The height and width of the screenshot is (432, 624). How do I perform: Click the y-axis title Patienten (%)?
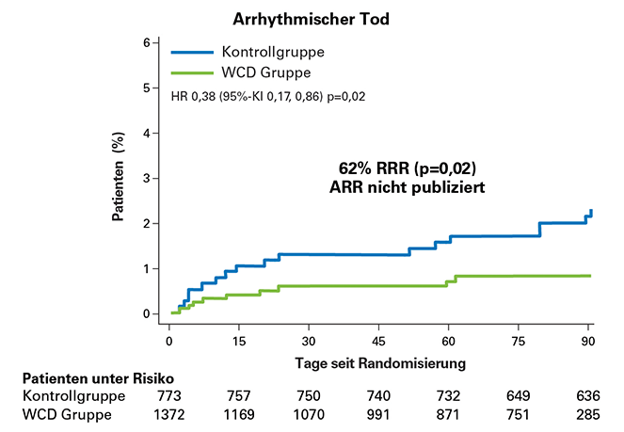120,180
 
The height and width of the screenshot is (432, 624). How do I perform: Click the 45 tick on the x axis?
378,339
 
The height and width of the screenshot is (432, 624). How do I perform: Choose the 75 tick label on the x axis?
519,339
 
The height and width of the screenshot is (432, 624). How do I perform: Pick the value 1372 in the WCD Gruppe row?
168,415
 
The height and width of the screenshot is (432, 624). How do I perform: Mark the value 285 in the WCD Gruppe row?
588,415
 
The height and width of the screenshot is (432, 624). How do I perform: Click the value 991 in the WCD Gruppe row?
378,415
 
